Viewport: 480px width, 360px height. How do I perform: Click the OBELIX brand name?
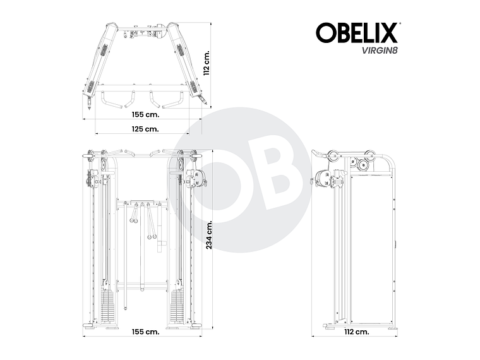tap(356, 33)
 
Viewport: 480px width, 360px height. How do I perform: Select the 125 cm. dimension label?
tap(145, 129)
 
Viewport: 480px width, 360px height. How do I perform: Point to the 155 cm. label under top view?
tap(145, 116)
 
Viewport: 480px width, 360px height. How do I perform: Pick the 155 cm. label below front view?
tap(145, 332)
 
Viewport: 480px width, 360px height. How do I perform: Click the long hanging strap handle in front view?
tap(150, 224)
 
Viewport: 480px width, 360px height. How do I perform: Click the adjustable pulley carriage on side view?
tap(328, 179)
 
